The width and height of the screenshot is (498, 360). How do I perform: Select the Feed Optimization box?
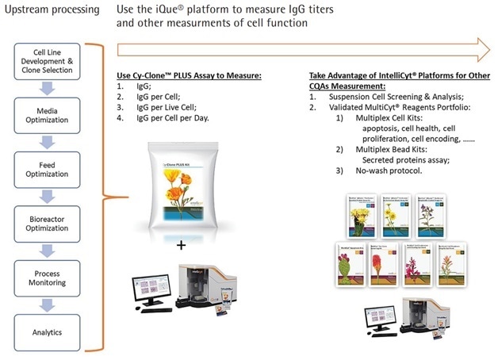52,167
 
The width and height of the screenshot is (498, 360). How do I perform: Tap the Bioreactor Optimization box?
52,220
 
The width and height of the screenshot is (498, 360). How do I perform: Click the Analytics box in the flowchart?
52,331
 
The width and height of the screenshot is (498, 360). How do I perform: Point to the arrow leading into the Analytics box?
52,304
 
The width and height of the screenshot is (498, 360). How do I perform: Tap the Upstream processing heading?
51,10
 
